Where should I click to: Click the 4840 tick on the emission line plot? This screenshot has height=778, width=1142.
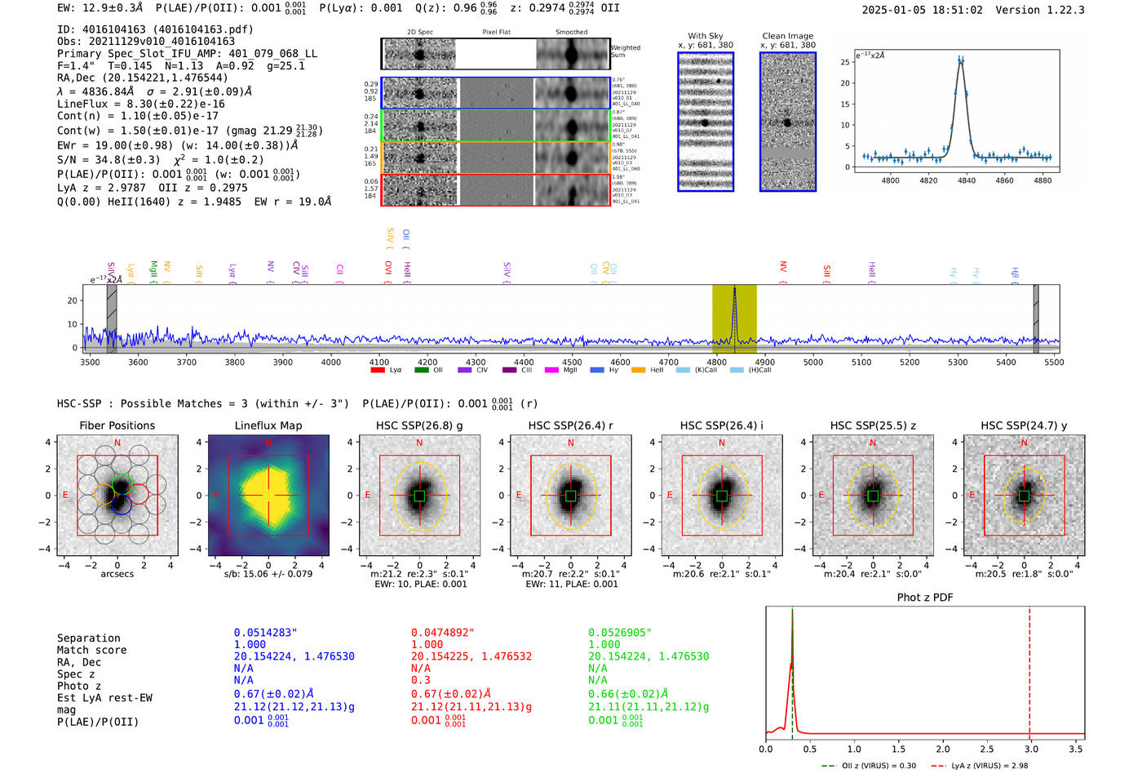pos(967,180)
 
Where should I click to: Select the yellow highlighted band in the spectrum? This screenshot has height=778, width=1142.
pos(734,318)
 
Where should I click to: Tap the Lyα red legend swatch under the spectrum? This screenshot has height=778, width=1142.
pos(378,371)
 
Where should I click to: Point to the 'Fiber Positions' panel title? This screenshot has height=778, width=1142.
pos(117,425)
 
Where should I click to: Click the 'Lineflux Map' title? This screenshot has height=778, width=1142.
pos(268,425)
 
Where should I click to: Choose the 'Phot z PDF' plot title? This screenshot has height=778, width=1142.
pos(924,598)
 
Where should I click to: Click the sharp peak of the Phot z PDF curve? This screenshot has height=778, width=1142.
pos(792,620)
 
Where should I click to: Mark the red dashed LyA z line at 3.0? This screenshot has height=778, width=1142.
pos(1029,669)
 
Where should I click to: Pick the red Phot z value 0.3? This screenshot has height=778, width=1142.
pos(420,680)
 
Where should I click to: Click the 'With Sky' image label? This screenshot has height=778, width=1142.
pos(705,36)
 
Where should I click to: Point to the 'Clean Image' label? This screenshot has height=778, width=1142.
pos(787,36)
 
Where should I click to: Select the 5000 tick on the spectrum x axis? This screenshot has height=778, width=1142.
pos(813,362)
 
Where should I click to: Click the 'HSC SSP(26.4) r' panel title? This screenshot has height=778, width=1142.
pos(570,425)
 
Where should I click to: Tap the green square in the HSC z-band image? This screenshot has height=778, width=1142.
pos(873,496)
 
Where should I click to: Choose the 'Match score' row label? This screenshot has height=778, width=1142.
pos(91,651)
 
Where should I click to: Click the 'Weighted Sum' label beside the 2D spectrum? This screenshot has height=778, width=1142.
pos(625,51)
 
